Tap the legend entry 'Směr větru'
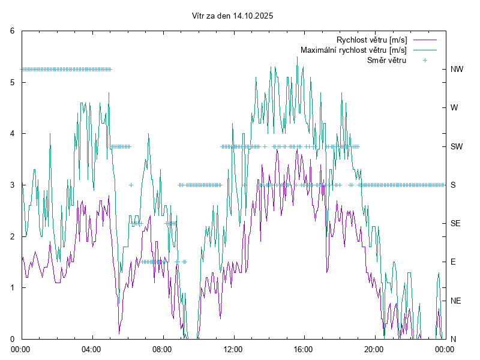coord(386,61)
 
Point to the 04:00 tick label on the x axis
coord(92,348)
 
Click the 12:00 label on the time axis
coord(233,348)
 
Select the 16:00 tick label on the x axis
coord(304,348)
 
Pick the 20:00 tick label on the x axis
coord(374,348)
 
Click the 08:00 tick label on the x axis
coord(162,348)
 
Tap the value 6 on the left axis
coord(13,31)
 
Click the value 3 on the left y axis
coord(13,185)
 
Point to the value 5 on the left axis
coord(13,82)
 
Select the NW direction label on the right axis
coord(457,69)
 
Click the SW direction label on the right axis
coord(457,146)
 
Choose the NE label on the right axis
coord(456,301)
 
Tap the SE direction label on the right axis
coord(456,223)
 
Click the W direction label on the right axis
coord(454,108)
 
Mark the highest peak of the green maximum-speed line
coord(297,57)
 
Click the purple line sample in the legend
coord(424,40)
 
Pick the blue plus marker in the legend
coord(425,61)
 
